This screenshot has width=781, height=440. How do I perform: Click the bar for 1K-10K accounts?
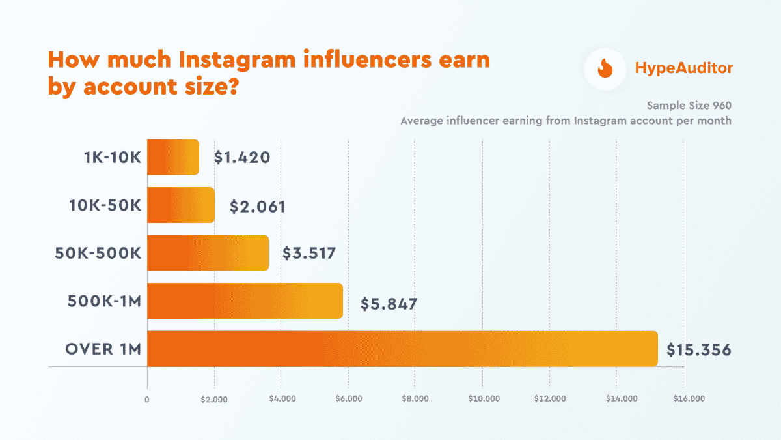[x=173, y=157]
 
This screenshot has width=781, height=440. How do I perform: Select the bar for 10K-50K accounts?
[x=181, y=205]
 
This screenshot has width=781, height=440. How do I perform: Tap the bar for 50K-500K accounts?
[x=208, y=253]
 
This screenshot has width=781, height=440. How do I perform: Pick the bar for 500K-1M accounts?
[x=245, y=301]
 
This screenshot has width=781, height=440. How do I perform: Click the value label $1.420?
[x=241, y=157]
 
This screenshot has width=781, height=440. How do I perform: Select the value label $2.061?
[x=257, y=206]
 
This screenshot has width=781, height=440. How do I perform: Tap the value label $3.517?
[x=309, y=253]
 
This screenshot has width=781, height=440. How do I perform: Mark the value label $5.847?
[x=389, y=303]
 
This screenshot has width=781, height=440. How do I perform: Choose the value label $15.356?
[x=698, y=350]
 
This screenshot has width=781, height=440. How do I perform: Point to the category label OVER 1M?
[x=103, y=349]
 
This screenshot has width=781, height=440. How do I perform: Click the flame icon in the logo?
[x=605, y=68]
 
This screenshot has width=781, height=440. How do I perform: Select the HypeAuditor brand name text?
[x=683, y=68]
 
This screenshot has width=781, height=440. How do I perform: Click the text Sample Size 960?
[x=689, y=105]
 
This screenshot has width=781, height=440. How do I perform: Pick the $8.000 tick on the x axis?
[x=415, y=399]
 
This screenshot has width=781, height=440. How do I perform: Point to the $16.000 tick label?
[x=682, y=399]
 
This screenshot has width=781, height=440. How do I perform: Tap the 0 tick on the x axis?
[x=147, y=399]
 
